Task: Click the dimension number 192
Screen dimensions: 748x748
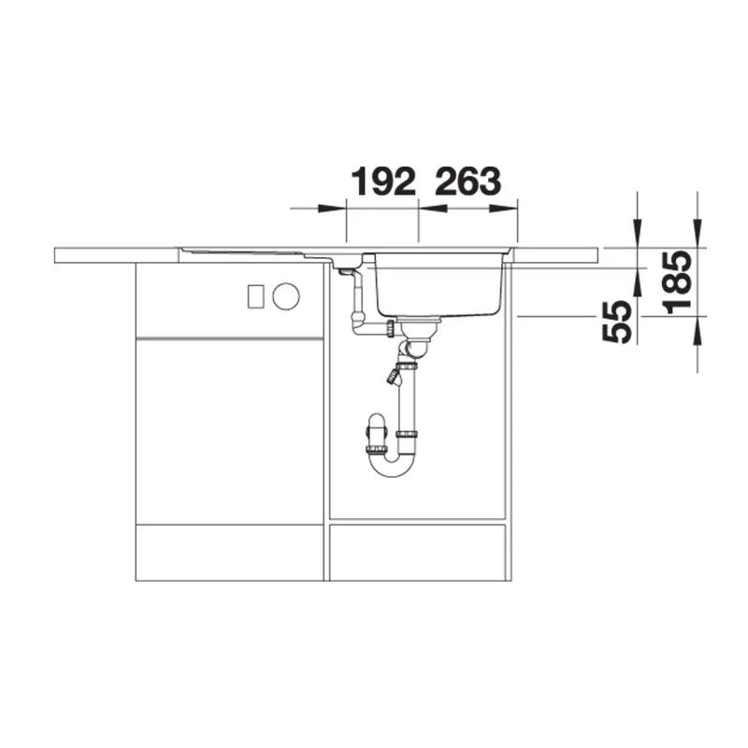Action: click(383, 181)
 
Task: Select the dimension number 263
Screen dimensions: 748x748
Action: click(468, 181)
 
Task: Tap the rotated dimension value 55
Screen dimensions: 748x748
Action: click(617, 322)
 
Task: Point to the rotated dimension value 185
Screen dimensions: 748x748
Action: click(677, 282)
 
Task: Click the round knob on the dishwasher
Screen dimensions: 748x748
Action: click(286, 296)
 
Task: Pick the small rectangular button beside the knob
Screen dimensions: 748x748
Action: click(255, 296)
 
